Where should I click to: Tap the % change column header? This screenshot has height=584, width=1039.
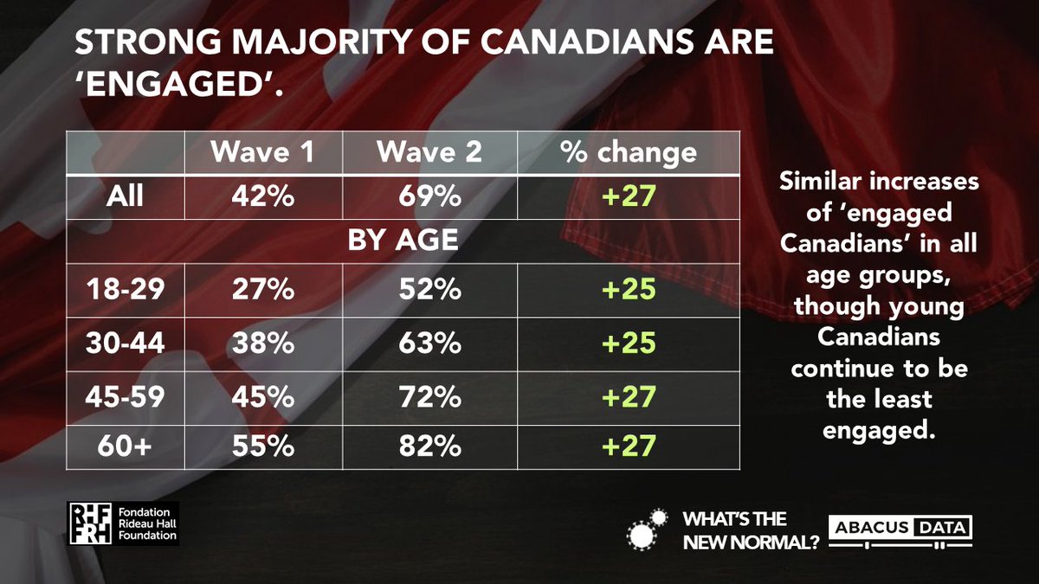(x=629, y=152)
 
